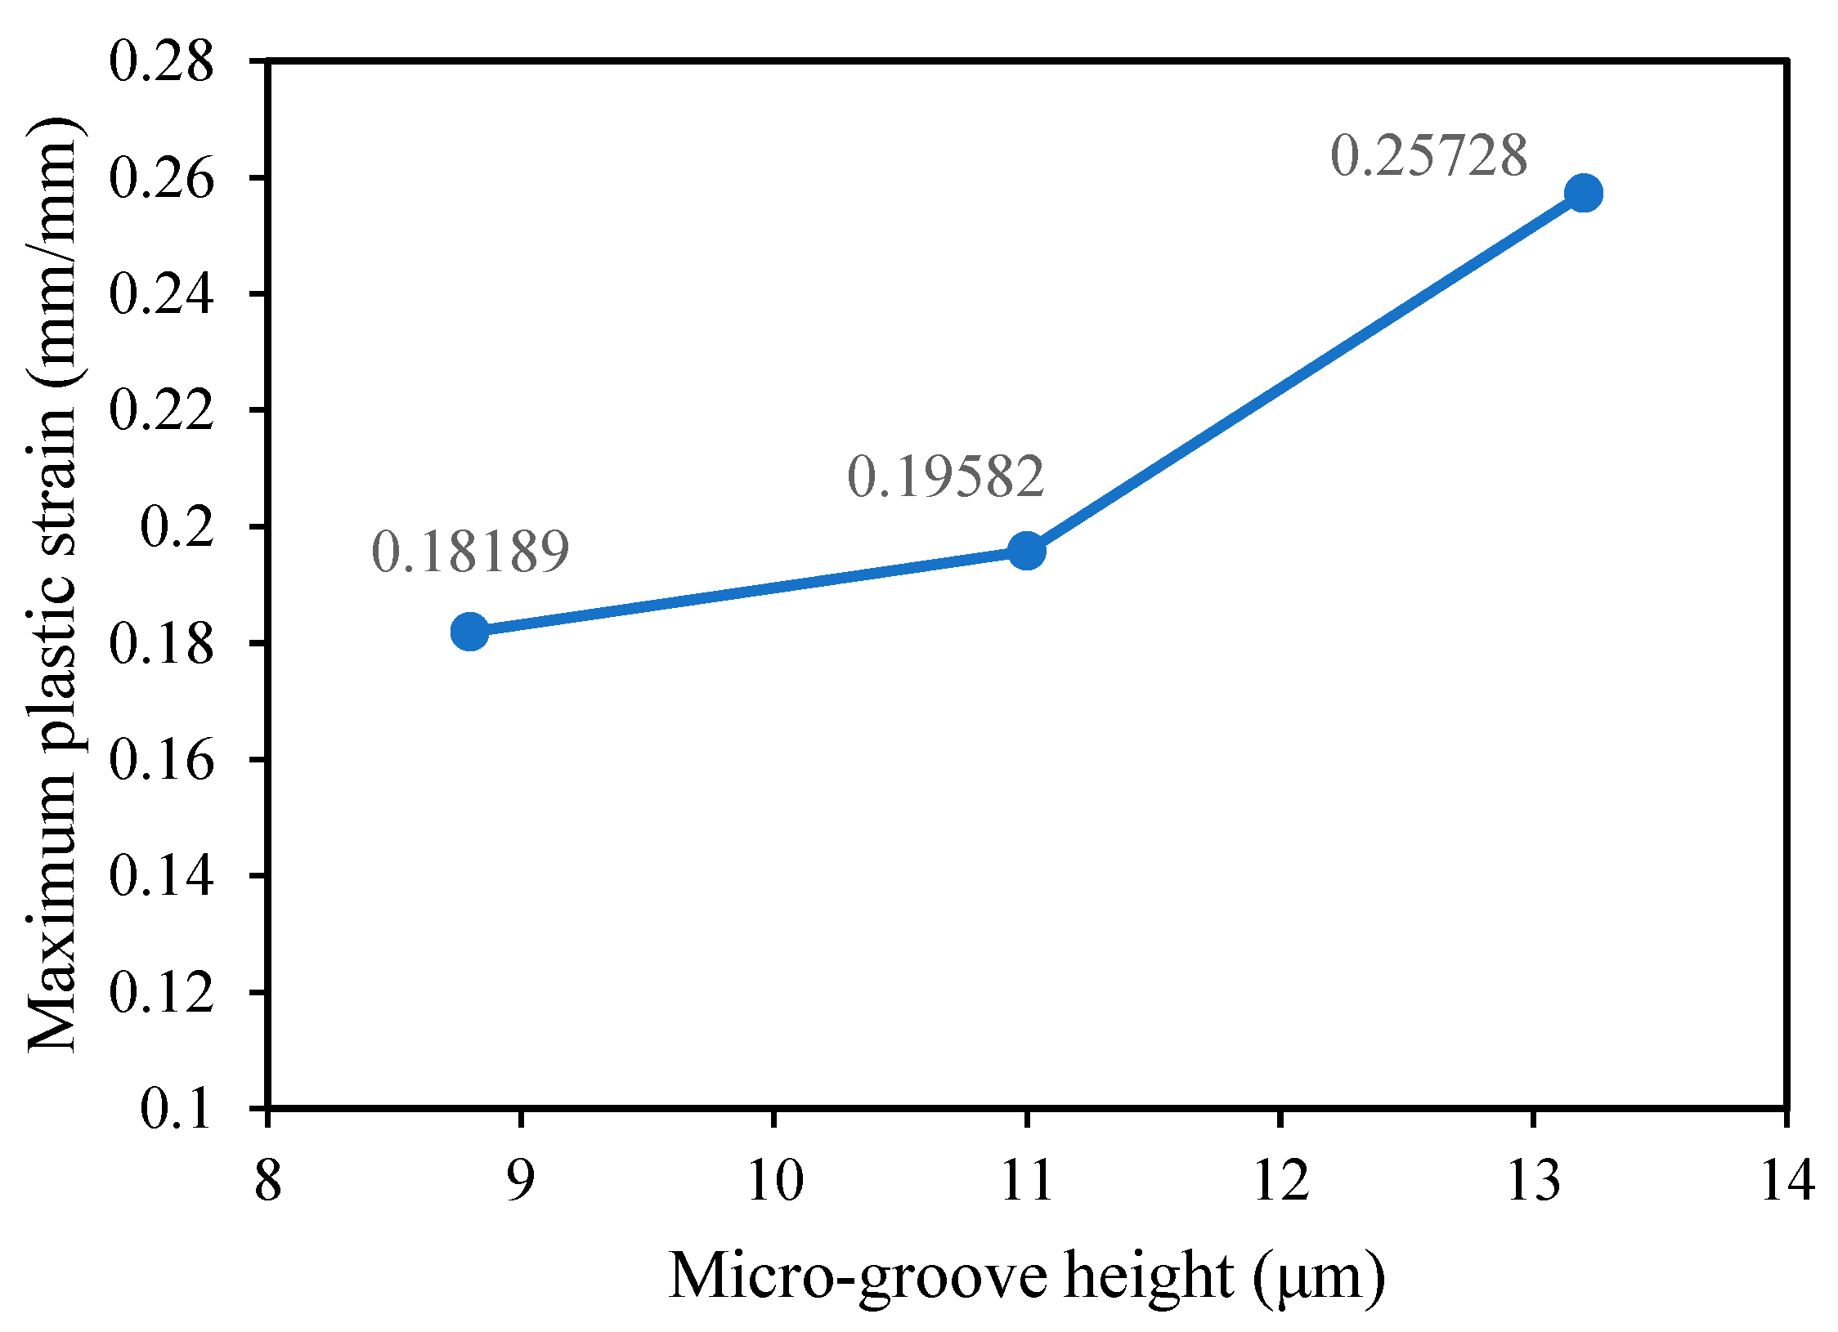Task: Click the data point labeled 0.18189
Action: coord(470,631)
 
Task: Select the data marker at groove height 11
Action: coord(1026,551)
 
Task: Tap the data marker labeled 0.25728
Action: coord(1583,194)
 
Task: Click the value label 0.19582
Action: coord(945,476)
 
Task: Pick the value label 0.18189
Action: coord(470,552)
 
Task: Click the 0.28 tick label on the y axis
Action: coord(161,62)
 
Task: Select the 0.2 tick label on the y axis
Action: coord(177,527)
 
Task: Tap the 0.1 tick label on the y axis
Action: coord(177,1110)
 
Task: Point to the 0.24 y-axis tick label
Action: coord(161,294)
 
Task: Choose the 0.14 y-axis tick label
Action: coord(161,876)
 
